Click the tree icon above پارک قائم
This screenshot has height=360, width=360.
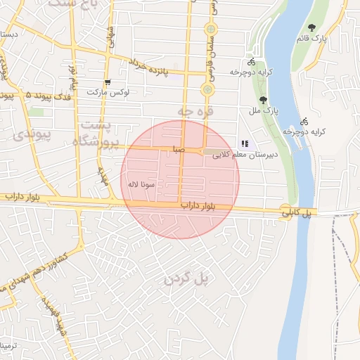tap(311, 27)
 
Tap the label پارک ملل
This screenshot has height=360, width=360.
tap(264, 111)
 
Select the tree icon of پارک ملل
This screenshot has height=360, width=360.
tap(263, 100)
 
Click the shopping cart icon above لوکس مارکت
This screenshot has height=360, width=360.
tap(107, 82)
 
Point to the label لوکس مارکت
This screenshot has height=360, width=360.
tap(105, 93)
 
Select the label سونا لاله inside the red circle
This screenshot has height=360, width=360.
tap(141, 184)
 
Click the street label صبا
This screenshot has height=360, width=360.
tap(179, 150)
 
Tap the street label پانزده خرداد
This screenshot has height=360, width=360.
tap(159, 68)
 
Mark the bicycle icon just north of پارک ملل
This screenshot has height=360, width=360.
tap(252, 62)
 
